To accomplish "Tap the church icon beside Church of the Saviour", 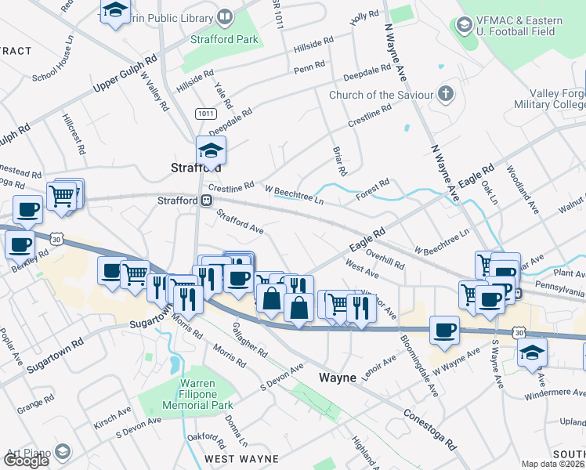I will tap(446, 95).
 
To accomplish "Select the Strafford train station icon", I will tap(206, 201).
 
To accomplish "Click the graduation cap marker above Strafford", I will tap(210, 149).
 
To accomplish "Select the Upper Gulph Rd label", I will tap(125, 72).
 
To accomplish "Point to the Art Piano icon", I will tap(62, 451).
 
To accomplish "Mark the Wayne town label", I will tap(338, 377).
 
